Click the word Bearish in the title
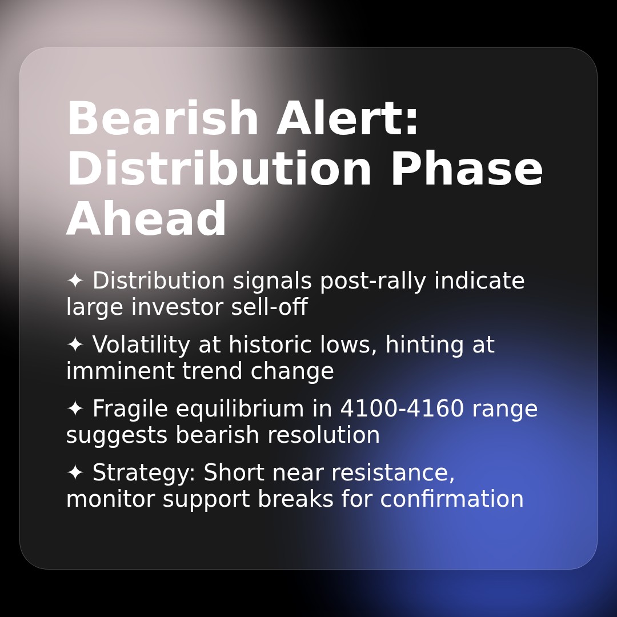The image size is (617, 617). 162,118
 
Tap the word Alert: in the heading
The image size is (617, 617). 347,118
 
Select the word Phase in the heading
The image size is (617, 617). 467,169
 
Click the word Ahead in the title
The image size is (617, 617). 146,218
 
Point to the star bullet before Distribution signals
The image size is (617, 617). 75,281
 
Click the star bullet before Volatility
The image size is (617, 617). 75,344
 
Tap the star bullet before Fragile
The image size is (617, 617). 75,408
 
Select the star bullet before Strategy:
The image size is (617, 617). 75,472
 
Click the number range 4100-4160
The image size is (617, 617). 402,408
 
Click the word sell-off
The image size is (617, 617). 269,307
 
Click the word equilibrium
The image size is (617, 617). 239,409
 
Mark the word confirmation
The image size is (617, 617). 452,499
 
